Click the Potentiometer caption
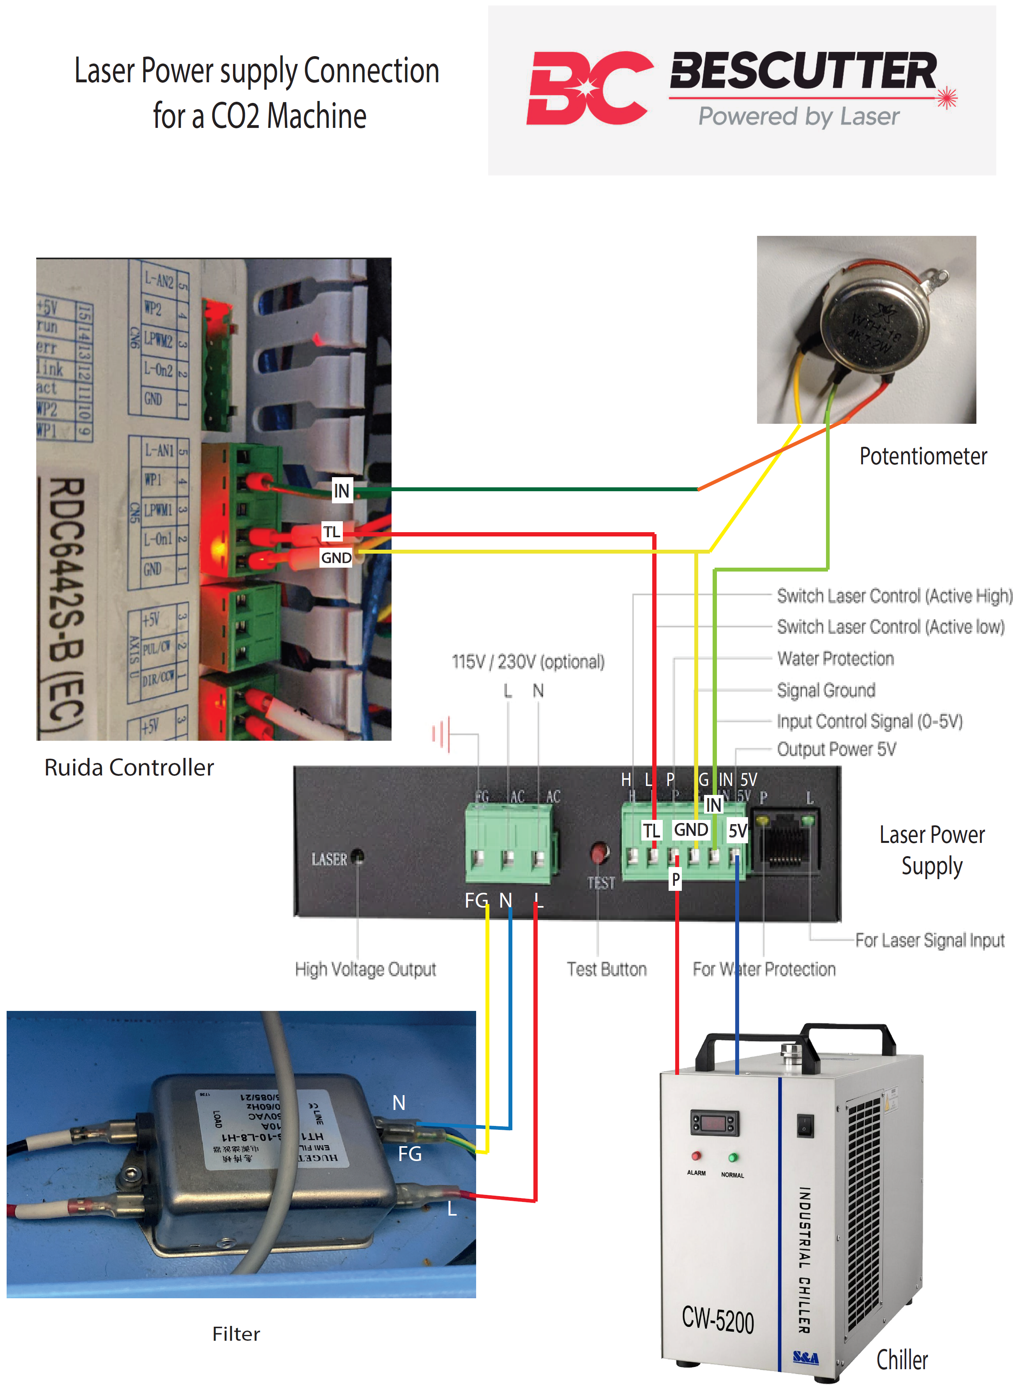pyautogui.click(x=923, y=456)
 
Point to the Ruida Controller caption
pyautogui.click(x=129, y=767)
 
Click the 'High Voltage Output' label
pyautogui.click(x=365, y=969)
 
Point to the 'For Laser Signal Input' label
pyautogui.click(x=929, y=940)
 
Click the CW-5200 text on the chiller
pyautogui.click(x=718, y=1320)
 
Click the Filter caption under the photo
pyautogui.click(x=236, y=1334)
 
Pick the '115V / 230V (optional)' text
pyautogui.click(x=528, y=662)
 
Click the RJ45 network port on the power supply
pyautogui.click(x=785, y=840)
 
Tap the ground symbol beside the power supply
pyautogui.click(x=441, y=734)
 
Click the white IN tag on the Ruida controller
pyautogui.click(x=341, y=490)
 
